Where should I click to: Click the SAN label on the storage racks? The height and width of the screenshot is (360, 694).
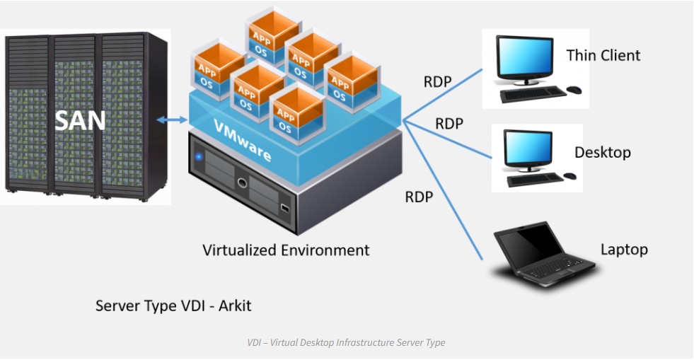81,120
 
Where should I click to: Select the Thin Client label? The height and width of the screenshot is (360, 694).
603,55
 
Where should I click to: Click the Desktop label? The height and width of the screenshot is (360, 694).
602,152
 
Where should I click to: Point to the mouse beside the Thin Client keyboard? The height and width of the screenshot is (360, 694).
574,90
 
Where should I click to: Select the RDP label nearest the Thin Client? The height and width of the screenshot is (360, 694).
438,81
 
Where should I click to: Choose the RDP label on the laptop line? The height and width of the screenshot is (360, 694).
419,197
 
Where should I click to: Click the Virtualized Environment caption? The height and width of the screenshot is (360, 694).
286,250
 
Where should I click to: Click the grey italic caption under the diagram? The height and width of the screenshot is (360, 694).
346,342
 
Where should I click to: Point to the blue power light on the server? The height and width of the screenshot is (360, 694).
199,156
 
